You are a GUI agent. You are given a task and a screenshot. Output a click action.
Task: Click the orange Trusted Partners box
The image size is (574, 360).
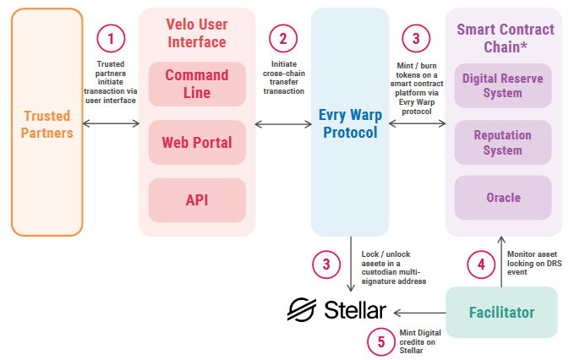click(47, 122)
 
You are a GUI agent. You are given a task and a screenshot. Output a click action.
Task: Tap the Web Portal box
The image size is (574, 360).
click(197, 142)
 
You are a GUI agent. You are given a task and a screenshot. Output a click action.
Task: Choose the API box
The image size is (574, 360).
click(197, 200)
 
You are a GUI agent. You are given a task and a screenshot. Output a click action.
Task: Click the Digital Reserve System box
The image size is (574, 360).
click(503, 85)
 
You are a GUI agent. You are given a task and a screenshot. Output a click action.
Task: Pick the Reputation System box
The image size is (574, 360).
click(503, 142)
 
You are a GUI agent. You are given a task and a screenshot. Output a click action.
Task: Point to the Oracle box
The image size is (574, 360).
click(503, 198)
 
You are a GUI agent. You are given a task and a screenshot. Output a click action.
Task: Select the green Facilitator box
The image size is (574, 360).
click(501, 312)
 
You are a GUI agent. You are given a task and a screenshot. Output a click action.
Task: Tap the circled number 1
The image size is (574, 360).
click(111, 38)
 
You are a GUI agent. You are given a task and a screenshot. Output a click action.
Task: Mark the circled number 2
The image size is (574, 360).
click(283, 38)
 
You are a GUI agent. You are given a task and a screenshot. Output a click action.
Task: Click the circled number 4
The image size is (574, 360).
click(481, 265)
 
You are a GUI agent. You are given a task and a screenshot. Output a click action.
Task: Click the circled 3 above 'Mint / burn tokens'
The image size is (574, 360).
click(415, 38)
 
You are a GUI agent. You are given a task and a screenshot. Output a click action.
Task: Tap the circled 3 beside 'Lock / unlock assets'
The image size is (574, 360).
click(325, 265)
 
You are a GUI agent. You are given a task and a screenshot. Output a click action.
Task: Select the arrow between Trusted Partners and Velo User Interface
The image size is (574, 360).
click(111, 124)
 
